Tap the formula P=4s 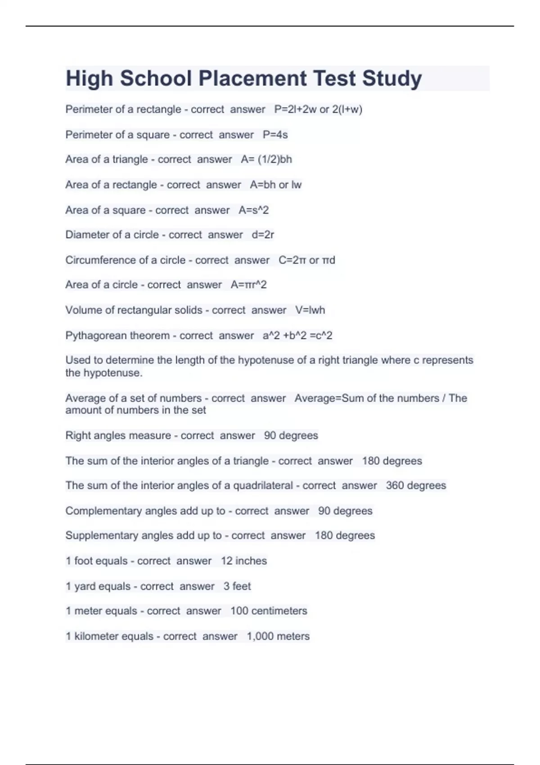pos(275,135)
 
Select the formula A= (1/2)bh pos(266,159)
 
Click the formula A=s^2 pos(253,210)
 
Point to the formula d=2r pos(263,235)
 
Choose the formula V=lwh pos(310,310)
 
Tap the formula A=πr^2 pos(248,285)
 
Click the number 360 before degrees pos(395,486)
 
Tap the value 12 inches pos(243,561)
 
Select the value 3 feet pos(237,586)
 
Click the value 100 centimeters pos(269,611)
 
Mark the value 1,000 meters pos(278,636)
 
